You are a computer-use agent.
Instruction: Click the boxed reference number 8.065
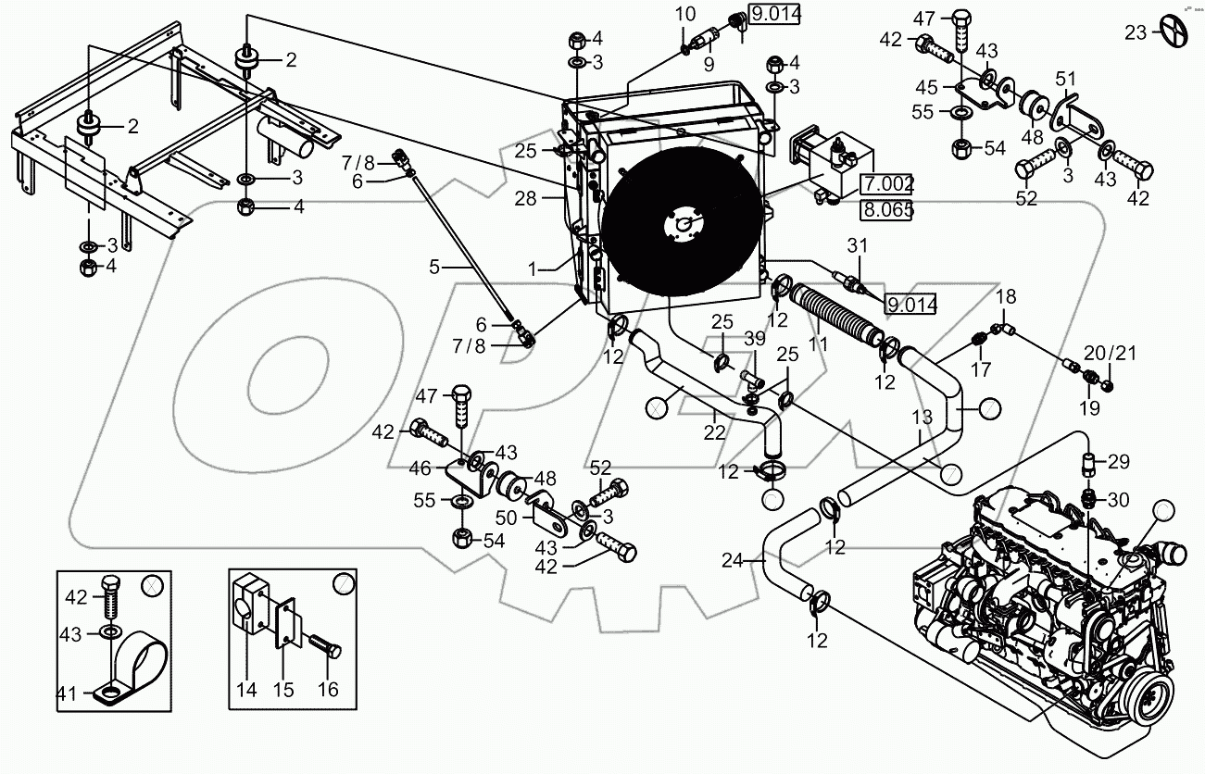(x=886, y=209)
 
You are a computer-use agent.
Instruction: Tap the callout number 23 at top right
(x=1136, y=32)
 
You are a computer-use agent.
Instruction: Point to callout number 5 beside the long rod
(x=434, y=267)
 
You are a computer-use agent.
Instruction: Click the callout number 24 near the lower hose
(x=733, y=559)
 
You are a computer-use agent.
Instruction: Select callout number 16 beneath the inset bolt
(x=328, y=689)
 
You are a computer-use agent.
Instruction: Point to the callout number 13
(x=922, y=418)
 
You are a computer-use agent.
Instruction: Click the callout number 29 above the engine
(x=1119, y=461)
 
